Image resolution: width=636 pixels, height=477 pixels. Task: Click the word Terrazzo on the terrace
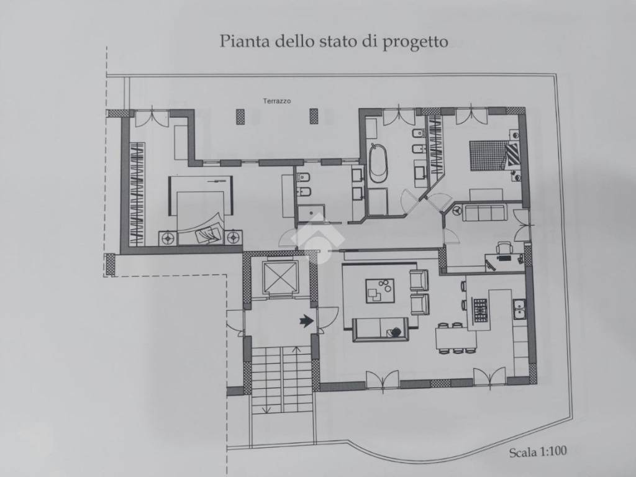tap(276, 100)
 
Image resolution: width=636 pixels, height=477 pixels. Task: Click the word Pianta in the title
tap(240, 42)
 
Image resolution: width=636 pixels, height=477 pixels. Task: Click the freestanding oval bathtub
tap(377, 163)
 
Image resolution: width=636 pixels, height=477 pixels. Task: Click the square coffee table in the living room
tap(379, 290)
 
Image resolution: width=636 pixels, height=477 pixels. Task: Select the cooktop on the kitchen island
tap(481, 309)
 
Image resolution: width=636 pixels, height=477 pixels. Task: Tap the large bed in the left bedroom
tap(201, 211)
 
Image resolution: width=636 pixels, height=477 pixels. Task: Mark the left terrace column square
tap(240, 116)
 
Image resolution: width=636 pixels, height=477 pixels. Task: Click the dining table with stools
tap(455, 338)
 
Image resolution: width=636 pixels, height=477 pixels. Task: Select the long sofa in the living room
tap(380, 329)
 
